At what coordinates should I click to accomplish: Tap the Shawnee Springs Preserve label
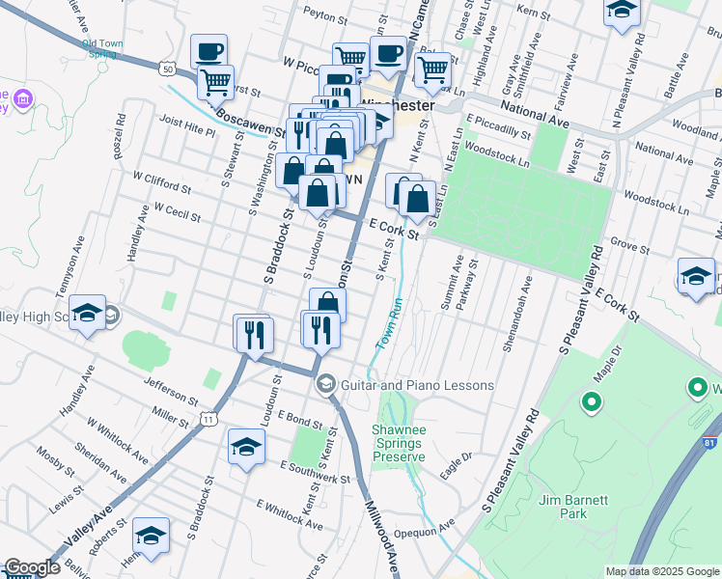(x=398, y=443)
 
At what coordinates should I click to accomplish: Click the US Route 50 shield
(x=168, y=69)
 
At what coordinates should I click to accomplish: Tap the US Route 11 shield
(x=208, y=418)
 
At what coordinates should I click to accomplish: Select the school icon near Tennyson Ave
(x=87, y=312)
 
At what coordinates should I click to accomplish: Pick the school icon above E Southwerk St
(x=246, y=448)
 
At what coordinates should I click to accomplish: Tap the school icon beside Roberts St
(x=151, y=536)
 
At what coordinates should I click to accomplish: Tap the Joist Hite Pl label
(x=187, y=128)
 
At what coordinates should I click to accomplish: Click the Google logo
(x=32, y=567)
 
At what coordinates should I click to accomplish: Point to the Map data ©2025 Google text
(x=661, y=571)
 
